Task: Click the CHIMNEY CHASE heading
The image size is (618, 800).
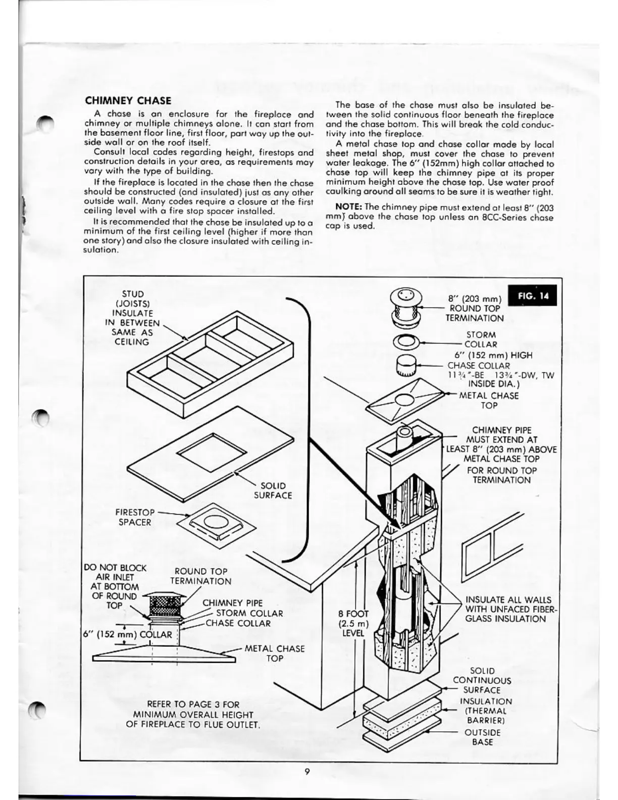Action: coord(128,101)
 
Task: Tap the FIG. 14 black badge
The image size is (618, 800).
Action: coord(533,295)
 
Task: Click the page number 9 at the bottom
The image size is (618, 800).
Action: coord(307,771)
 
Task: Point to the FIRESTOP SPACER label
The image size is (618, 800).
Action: coord(135,517)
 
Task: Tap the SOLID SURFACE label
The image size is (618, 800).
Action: coord(273,490)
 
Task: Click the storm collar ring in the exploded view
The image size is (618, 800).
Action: coord(406,342)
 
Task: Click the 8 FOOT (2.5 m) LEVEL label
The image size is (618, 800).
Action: coord(353,623)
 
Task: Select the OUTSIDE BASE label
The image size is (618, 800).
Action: coord(482,737)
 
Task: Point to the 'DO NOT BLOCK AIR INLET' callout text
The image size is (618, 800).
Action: coord(115,586)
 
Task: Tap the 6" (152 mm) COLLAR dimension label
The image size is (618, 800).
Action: coord(128,635)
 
